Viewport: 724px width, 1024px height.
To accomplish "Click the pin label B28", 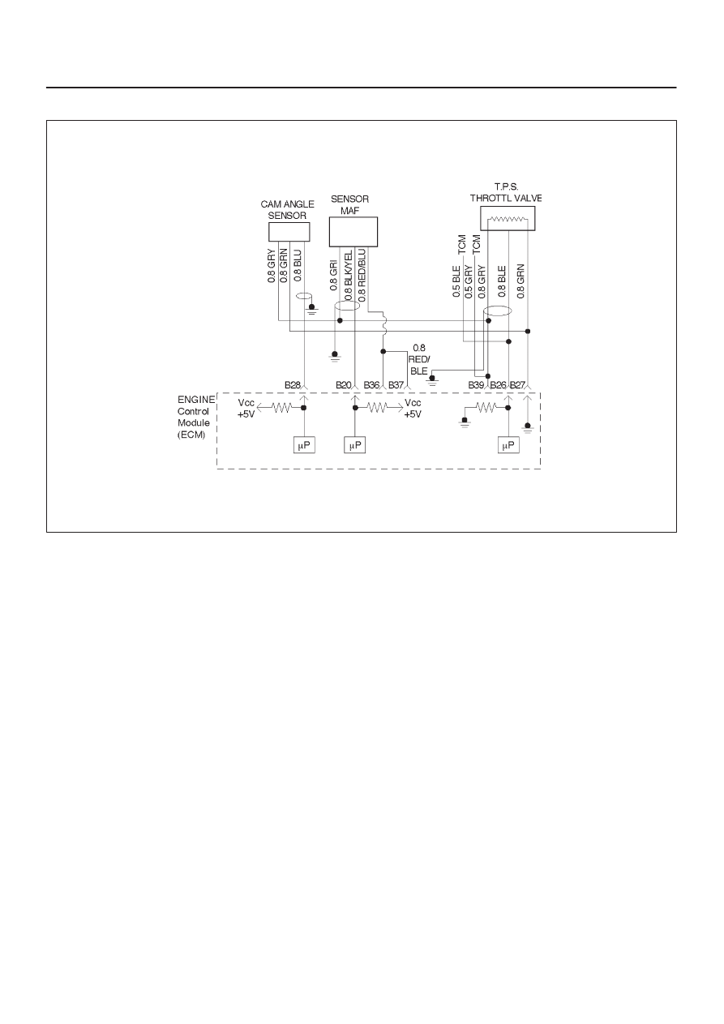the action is click(x=293, y=385).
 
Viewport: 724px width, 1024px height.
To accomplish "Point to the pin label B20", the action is click(x=344, y=385).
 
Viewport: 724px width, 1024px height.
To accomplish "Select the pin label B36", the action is click(x=371, y=385).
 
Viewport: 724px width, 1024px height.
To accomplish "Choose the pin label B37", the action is click(x=396, y=385).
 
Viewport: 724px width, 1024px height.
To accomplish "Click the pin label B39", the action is click(x=476, y=385).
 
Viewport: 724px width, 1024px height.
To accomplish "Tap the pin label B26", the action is click(x=499, y=385).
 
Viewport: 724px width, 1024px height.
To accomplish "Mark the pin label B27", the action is click(x=517, y=385).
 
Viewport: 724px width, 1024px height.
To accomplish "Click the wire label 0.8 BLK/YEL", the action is click(x=349, y=275).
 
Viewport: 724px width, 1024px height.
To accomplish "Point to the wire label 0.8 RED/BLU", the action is click(x=362, y=275).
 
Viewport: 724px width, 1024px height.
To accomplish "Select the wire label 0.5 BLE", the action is click(x=456, y=281).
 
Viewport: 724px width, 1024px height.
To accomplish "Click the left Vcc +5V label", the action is click(x=246, y=409).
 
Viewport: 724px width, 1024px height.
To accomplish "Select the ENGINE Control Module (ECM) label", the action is click(x=196, y=417).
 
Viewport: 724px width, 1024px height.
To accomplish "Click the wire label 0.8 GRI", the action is click(x=334, y=275).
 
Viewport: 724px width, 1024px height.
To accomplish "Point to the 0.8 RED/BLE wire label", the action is click(x=419, y=359).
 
